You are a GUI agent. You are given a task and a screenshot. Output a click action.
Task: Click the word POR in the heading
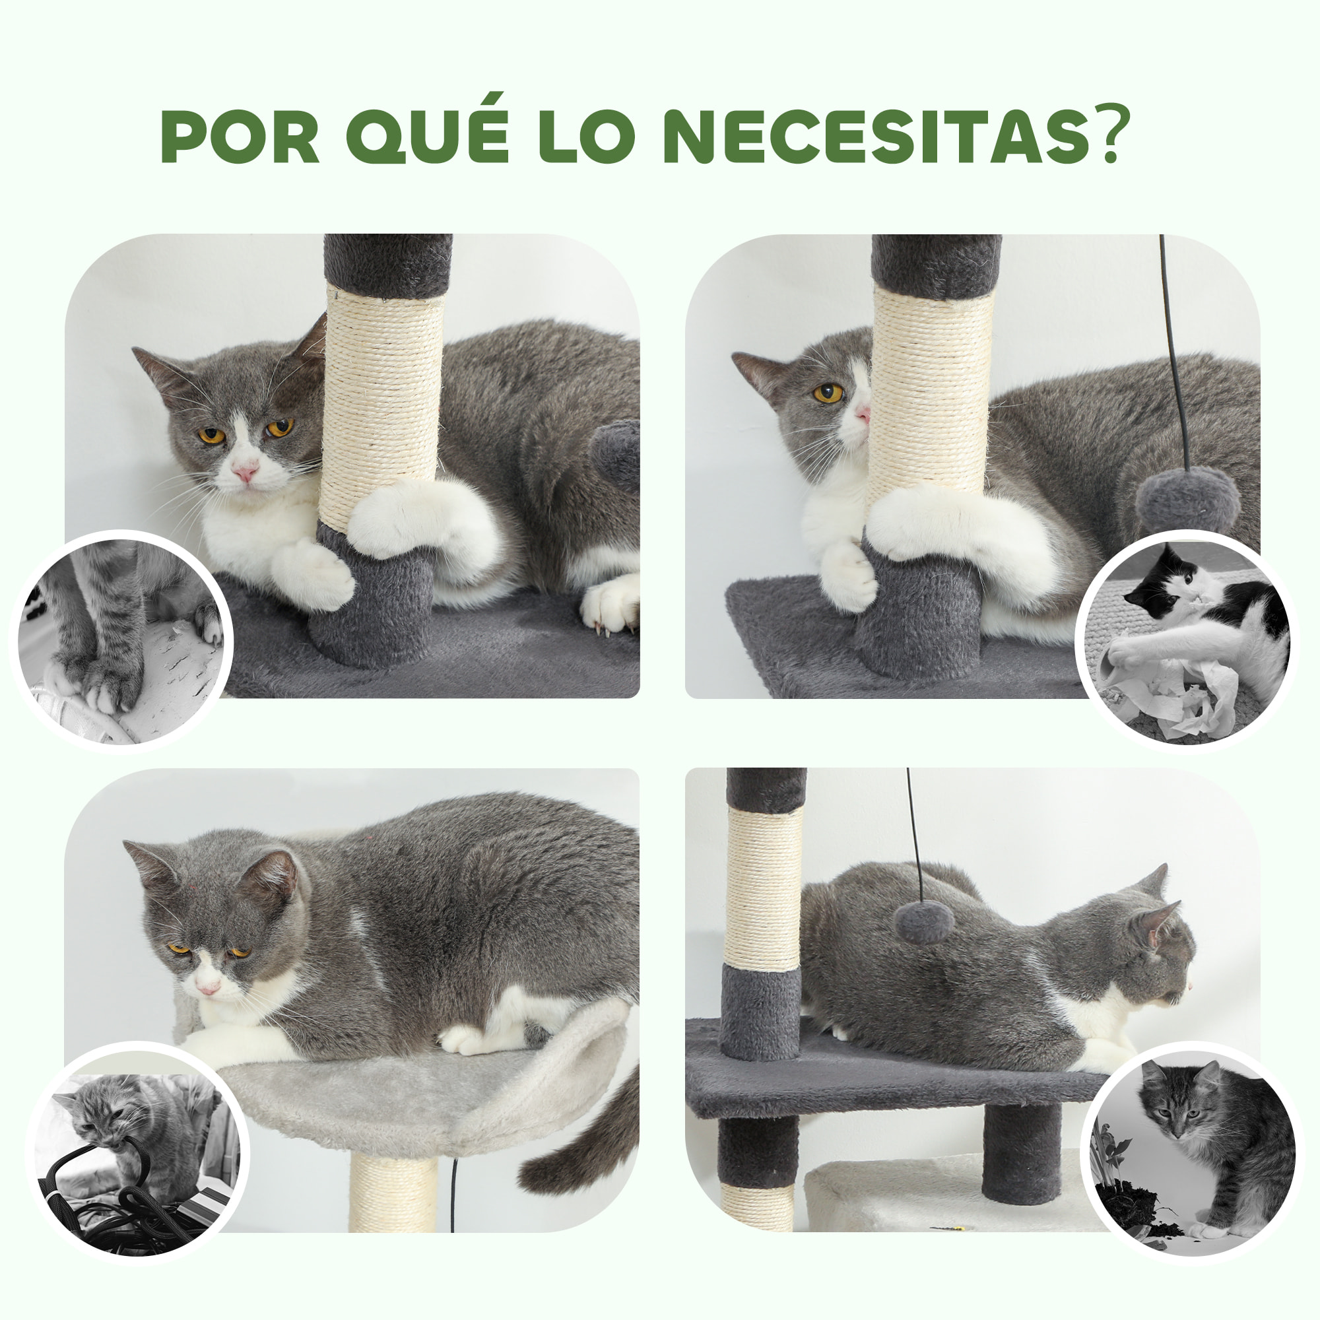[240, 137]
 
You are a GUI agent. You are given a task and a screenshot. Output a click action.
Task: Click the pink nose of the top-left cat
[245, 471]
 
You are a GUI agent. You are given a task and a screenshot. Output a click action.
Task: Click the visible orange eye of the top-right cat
[828, 393]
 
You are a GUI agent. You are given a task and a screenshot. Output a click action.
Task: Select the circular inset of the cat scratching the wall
[121, 641]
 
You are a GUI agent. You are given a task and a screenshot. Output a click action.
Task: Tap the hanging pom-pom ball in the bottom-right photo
[924, 921]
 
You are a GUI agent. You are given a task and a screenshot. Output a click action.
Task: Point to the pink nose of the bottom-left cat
[209, 988]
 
